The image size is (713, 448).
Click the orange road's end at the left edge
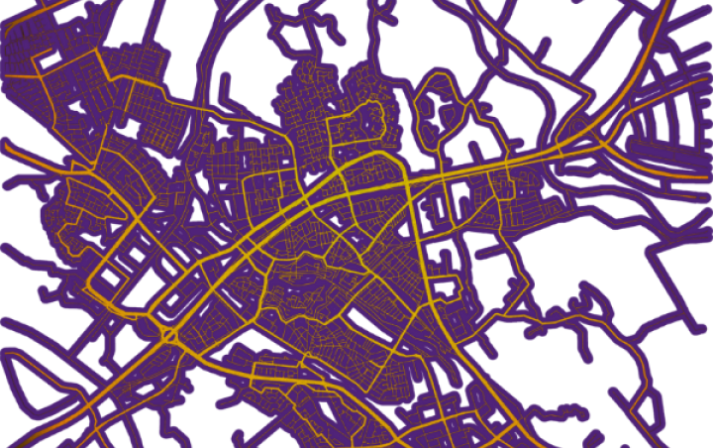click(4, 143)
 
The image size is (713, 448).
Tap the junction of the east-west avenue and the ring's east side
click(406, 183)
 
